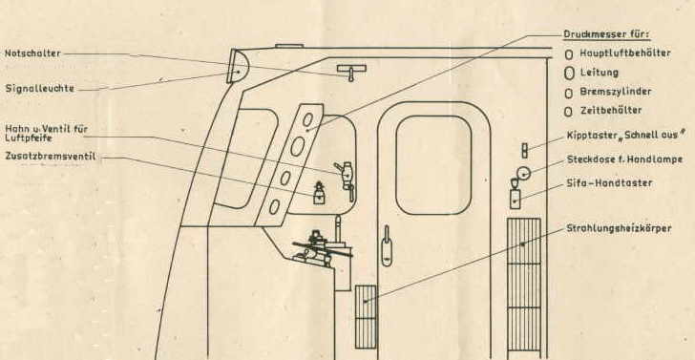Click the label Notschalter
(x=32, y=53)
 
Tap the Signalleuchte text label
(x=39, y=89)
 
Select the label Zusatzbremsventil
(x=51, y=157)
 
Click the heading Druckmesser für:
(x=607, y=34)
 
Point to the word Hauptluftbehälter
(x=625, y=53)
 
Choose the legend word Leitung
(x=600, y=73)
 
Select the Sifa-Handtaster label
(x=609, y=183)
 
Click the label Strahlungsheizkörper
(x=619, y=229)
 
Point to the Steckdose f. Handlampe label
(x=624, y=159)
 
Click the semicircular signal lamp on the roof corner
(x=238, y=67)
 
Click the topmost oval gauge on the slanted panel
(x=307, y=120)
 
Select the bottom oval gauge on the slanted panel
(x=274, y=206)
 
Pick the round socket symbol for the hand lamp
(x=524, y=173)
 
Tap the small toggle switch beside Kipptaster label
(x=524, y=151)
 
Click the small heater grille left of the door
(x=366, y=317)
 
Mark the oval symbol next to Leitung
(x=570, y=73)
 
